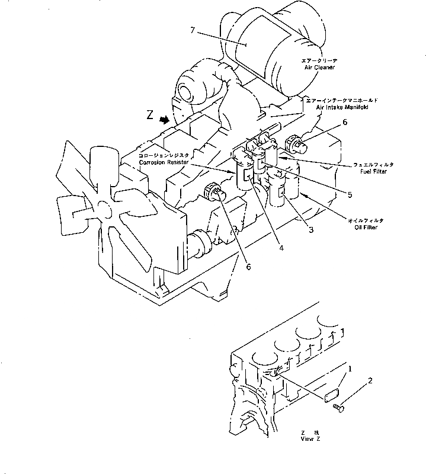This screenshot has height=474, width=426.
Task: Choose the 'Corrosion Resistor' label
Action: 162,161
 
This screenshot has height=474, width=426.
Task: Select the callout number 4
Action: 282,248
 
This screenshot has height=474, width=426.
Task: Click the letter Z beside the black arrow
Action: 150,116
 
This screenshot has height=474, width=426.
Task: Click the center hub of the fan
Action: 105,209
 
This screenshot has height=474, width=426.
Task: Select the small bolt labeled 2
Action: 339,406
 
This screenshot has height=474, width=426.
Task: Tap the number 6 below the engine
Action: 248,267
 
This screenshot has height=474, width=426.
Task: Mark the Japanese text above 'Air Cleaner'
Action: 319,60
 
